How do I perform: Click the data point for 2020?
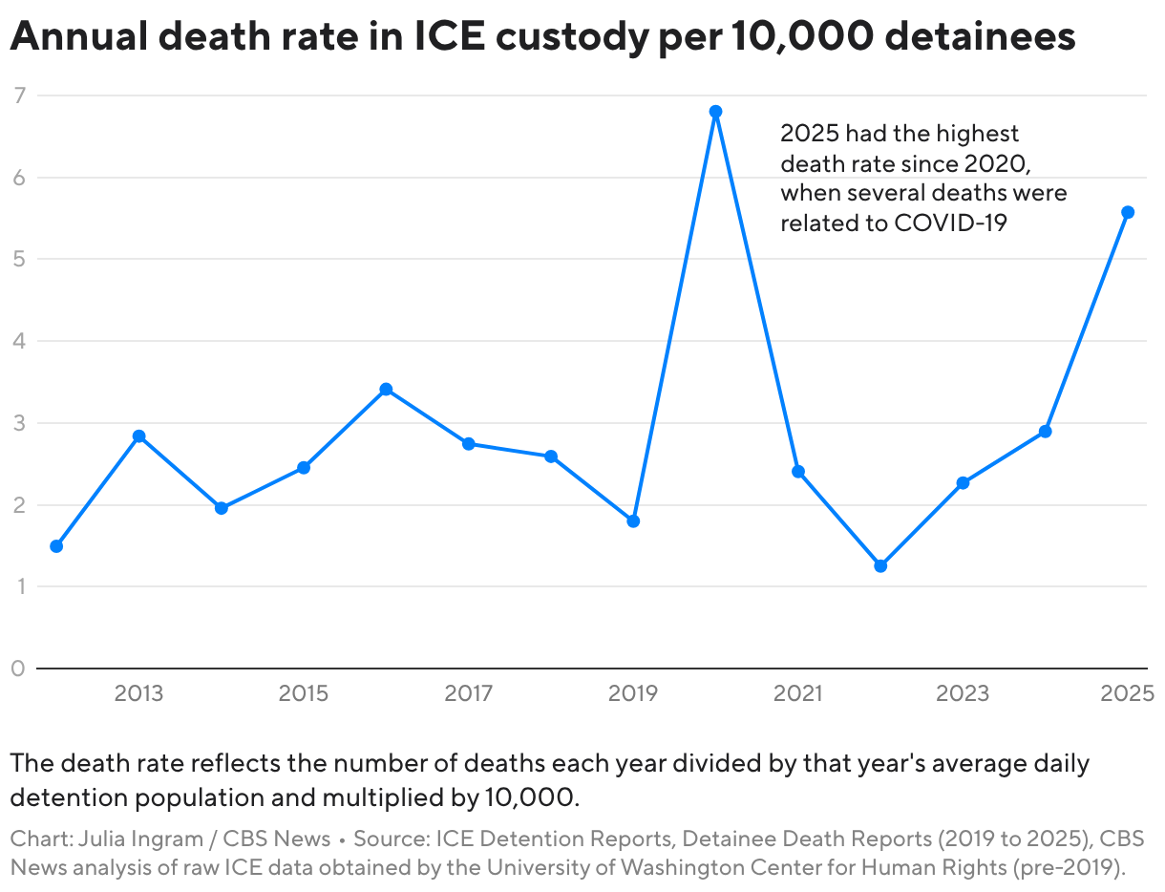[715, 112]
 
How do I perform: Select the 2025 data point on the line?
[1128, 212]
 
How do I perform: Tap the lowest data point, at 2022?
[880, 565]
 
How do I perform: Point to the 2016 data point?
[386, 389]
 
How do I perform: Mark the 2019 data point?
[633, 520]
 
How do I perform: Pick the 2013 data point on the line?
[138, 435]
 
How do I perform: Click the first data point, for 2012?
[56, 546]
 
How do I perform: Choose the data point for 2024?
[1046, 431]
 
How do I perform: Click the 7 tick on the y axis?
[18, 95]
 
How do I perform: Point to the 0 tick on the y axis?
[18, 669]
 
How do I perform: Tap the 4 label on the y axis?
[18, 341]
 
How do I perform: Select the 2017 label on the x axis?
[469, 693]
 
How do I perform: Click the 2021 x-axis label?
[797, 693]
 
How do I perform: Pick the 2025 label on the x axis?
[1127, 693]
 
